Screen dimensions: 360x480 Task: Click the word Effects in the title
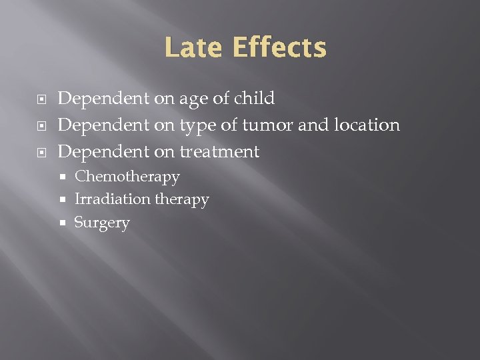(279, 48)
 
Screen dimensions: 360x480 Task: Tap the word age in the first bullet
(193, 99)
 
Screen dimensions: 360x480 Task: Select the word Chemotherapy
(127, 177)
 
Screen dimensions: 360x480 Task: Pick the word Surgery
(102, 223)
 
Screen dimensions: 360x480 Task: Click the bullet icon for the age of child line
(43, 99)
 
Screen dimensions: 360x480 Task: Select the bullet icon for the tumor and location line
(43, 126)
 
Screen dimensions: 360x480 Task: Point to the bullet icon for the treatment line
(43, 153)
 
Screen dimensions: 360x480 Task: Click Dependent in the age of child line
(103, 99)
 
